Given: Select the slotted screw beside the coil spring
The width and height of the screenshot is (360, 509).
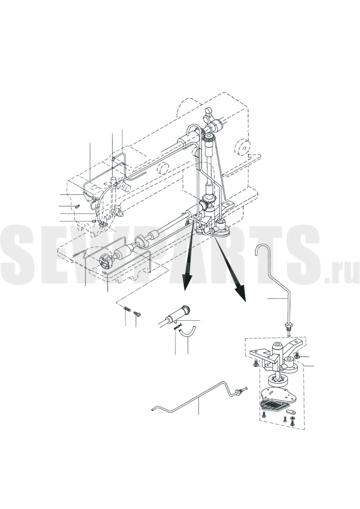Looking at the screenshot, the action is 137,314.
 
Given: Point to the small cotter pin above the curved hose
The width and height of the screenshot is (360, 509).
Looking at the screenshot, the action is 178,328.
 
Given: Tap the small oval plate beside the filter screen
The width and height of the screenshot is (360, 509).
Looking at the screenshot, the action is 292,411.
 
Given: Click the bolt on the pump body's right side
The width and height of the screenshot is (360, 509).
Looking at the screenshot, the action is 298,356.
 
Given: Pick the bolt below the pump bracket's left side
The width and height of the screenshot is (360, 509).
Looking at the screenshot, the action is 255,363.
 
